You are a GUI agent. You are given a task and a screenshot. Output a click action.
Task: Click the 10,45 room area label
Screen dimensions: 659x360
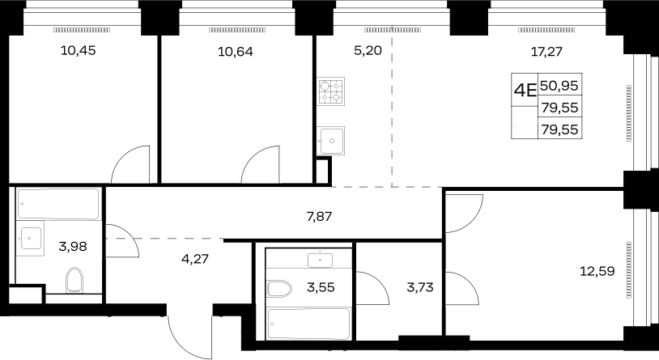[79, 50]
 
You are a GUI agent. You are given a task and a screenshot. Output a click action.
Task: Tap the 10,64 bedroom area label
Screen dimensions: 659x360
[236, 52]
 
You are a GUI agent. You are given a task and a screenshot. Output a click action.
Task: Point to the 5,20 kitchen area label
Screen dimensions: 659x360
[368, 50]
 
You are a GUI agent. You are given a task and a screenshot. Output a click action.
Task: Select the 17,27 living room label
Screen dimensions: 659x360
[546, 52]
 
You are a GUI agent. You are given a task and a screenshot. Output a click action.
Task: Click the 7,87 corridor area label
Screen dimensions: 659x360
[320, 217]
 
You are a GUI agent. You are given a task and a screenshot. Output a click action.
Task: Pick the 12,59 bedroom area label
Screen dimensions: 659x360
[597, 271]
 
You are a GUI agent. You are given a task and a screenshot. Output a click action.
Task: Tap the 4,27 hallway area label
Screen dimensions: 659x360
[195, 258]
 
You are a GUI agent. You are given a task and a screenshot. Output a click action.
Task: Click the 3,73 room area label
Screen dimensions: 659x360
[420, 287]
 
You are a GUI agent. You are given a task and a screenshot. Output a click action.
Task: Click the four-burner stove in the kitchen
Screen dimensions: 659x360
[331, 91]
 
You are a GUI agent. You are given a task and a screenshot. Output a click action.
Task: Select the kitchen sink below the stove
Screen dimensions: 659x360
[331, 141]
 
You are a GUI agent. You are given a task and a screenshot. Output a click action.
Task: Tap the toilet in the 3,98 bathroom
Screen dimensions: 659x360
[74, 280]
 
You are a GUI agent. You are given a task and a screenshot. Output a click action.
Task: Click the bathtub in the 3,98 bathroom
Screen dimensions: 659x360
[58, 204]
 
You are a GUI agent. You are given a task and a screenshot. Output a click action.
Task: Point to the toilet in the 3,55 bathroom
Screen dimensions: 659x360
[279, 289]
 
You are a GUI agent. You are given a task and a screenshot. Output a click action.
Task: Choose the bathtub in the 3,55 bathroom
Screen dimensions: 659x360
[308, 324]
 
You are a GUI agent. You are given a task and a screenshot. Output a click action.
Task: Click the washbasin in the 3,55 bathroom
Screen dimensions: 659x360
[321, 260]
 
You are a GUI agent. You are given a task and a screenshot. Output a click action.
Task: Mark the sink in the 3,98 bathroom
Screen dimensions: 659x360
[30, 238]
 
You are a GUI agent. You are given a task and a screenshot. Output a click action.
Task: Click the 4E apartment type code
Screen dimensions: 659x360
[525, 90]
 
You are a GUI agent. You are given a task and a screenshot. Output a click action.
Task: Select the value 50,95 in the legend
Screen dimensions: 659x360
[559, 86]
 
